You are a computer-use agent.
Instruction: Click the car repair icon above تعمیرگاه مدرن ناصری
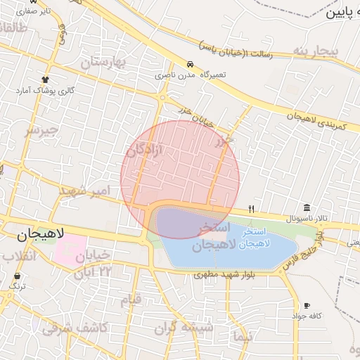pos(191,63)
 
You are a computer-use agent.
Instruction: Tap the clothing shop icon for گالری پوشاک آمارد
pos(46,79)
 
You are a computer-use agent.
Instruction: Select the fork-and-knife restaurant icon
pos(251,209)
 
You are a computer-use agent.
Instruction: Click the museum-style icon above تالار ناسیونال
pos(307,207)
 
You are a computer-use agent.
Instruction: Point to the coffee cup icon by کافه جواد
pos(307,305)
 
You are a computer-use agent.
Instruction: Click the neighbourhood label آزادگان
pos(144,149)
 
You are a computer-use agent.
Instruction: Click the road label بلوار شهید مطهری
pos(225,275)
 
